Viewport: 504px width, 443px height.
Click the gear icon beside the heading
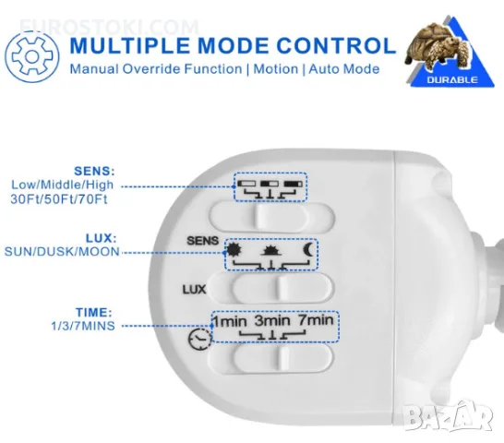(x=31, y=57)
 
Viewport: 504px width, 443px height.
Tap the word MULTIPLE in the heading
(x=131, y=45)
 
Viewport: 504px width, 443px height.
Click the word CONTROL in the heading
(x=336, y=45)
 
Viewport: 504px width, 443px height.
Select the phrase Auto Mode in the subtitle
(x=344, y=69)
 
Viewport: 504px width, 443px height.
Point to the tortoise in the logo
(x=438, y=46)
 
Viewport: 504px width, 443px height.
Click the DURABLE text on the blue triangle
(x=452, y=79)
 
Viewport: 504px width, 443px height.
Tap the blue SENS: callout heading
(x=94, y=171)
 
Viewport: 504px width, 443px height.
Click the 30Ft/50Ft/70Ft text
(x=59, y=199)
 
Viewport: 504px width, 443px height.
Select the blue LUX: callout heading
(x=101, y=238)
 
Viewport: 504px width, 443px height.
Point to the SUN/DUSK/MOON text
(x=62, y=251)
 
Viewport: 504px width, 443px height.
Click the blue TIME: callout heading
(x=94, y=312)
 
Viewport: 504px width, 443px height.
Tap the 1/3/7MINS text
(x=83, y=326)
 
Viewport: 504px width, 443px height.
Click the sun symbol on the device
(x=234, y=250)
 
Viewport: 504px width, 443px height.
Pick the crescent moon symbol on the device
(x=307, y=250)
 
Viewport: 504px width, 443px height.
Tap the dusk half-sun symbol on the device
(x=272, y=251)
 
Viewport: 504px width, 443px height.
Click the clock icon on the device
(x=200, y=339)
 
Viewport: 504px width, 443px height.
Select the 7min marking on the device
(x=316, y=320)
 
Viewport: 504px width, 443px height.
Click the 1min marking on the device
(x=230, y=321)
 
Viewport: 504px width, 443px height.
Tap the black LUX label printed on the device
(x=194, y=290)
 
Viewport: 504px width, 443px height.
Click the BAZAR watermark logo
(x=448, y=415)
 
